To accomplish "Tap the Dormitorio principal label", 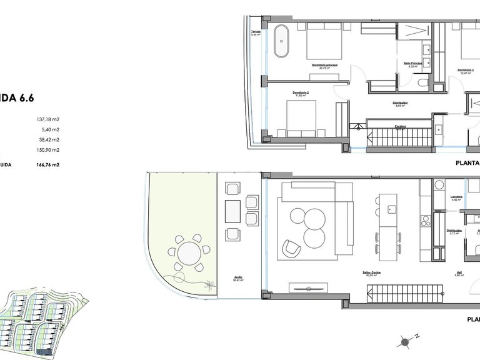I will tap(324, 65).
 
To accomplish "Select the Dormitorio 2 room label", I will tap(302, 93).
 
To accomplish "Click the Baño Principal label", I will tap(412, 63).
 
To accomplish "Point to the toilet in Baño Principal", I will tap(423, 84).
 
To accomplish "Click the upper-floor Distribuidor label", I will tap(401, 103).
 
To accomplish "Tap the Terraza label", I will tap(255, 31).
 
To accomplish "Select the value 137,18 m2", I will tap(47, 119).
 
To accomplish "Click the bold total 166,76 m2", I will tap(47, 165).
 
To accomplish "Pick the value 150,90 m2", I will tap(47, 150).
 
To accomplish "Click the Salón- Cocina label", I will tap(371, 272).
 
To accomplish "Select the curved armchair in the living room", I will tap(291, 247).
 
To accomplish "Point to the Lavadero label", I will tap(456, 197).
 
